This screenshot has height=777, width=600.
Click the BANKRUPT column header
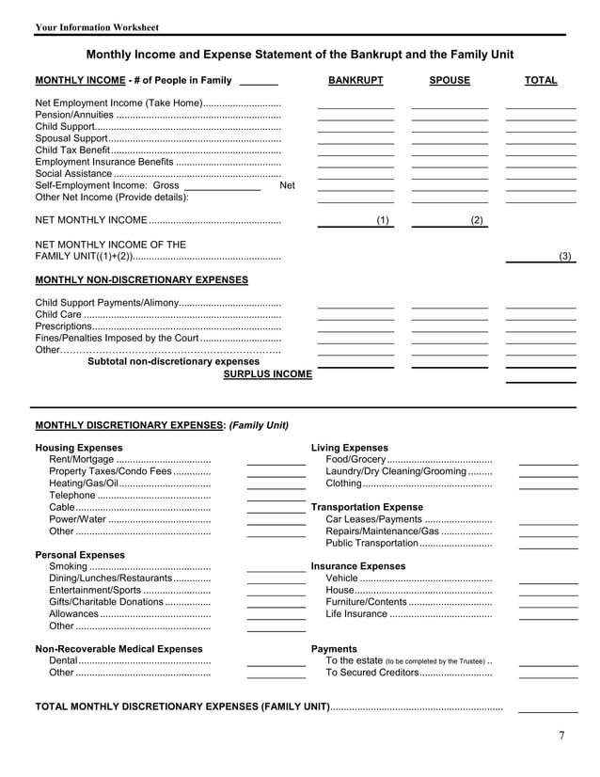355,81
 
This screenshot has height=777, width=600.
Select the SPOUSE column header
450,81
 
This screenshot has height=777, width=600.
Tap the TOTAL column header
541,81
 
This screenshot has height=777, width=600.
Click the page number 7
561,736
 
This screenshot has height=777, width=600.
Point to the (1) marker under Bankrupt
383,220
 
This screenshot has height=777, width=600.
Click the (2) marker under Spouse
477,220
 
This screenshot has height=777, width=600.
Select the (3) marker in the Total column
565,256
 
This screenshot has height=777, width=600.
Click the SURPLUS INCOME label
267,374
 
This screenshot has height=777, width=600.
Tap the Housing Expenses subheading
79,448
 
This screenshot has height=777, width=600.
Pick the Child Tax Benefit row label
72,150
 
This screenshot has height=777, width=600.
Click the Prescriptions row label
64,326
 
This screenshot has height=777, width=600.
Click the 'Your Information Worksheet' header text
97,27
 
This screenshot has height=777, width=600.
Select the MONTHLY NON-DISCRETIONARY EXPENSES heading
142,280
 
